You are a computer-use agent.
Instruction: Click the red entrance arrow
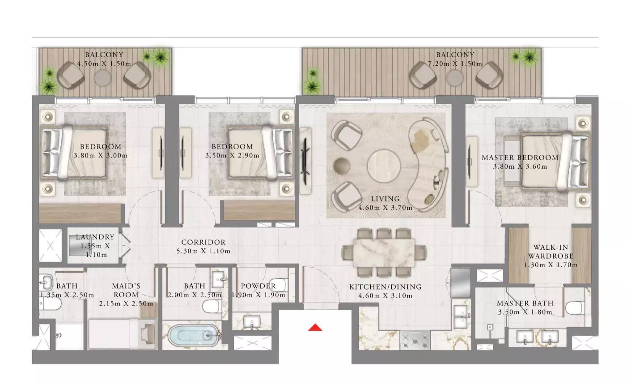point(315,328)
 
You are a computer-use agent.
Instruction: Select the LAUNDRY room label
point(95,237)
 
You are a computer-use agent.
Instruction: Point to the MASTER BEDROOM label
point(520,158)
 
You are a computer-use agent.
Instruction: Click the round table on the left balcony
point(102,79)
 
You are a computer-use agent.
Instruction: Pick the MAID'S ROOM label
point(126,290)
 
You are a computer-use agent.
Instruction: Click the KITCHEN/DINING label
point(385,287)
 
